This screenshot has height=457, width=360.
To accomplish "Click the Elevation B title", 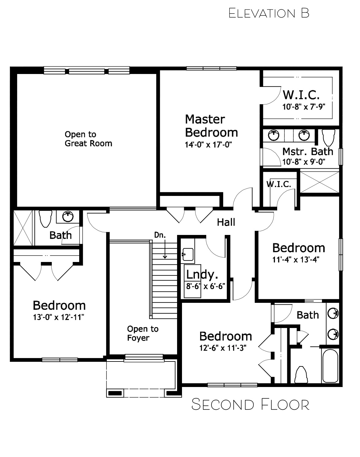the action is pos(269,13).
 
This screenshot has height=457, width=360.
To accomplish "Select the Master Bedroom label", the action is pos(211,126).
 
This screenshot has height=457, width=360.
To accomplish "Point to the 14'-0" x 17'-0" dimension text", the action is pos(208,145).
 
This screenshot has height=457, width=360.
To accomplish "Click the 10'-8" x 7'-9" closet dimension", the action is pos(304,107).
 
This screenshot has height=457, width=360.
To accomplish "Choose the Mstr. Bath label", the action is pos(308,152).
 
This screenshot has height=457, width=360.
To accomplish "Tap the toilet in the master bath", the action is pos(328,137).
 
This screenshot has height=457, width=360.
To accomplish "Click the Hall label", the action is pos(226,222).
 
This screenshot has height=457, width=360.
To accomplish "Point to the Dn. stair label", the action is pos(160,235).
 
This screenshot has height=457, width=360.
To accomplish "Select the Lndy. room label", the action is pos(202,275).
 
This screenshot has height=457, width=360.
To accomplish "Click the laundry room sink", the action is pos(188,254).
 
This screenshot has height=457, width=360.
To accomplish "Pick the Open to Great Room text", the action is pos(88,139).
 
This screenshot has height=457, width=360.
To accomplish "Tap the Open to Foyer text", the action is pos(143,333).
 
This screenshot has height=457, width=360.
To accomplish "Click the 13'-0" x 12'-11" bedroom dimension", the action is pos(58,317).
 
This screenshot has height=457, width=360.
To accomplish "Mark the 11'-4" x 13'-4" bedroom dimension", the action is pos(296,260).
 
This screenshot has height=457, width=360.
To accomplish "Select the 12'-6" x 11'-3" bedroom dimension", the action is pos(223,348).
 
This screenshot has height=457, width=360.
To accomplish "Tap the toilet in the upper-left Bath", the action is pos(46,219).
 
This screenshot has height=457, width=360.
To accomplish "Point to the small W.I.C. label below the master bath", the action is pos(279,184).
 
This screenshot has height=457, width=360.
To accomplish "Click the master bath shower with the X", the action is pos(319,182).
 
